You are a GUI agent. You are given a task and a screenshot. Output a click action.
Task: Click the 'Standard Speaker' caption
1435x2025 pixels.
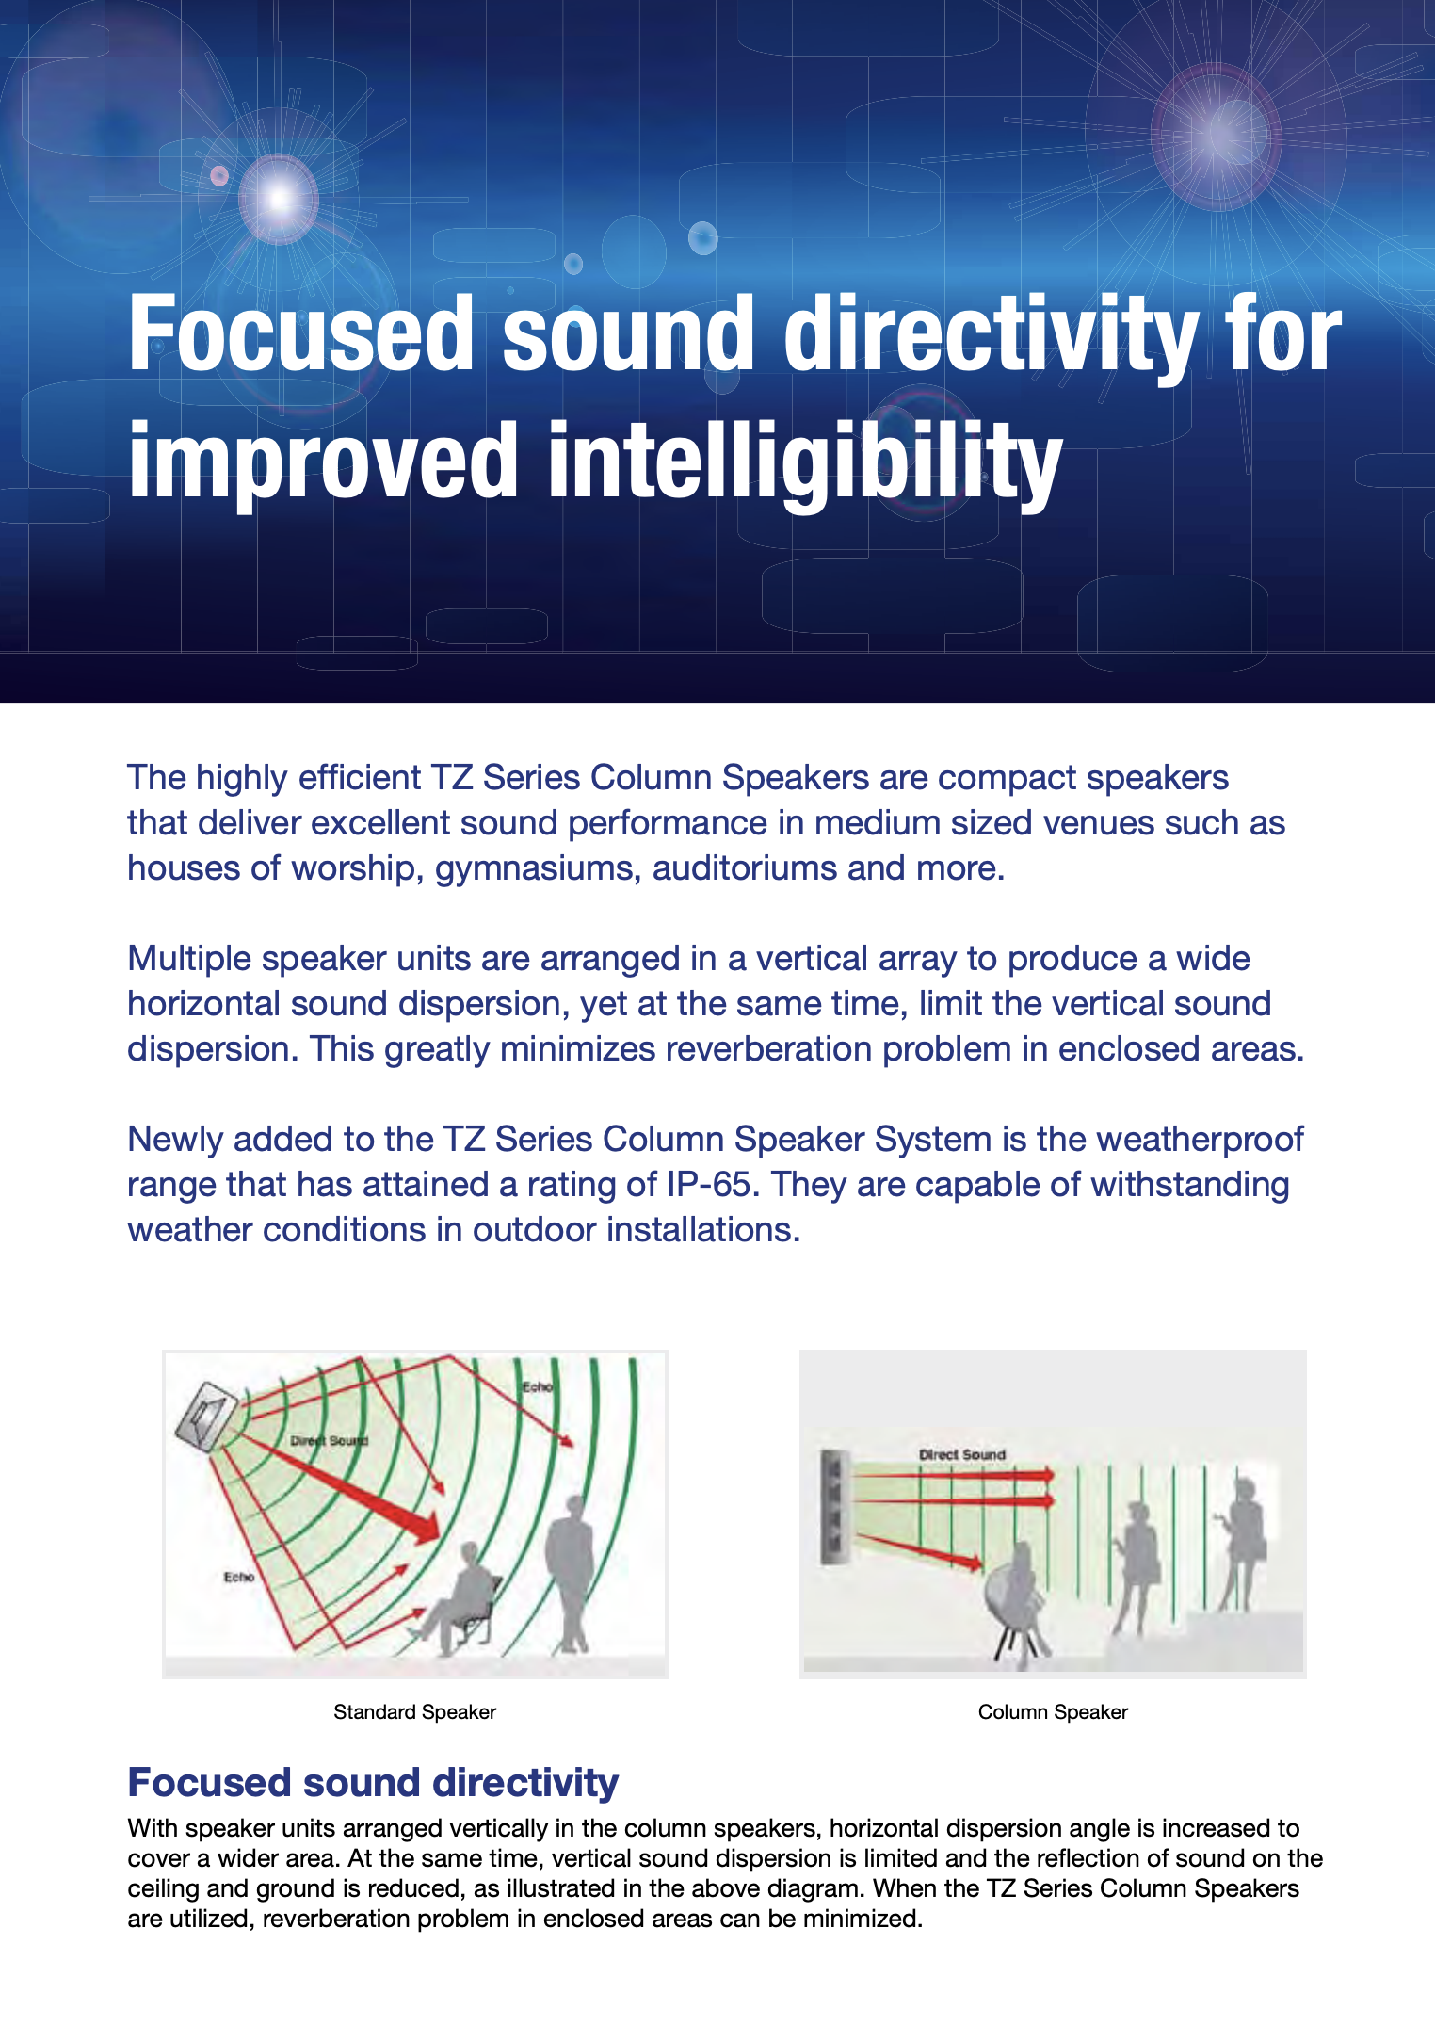click(x=414, y=1711)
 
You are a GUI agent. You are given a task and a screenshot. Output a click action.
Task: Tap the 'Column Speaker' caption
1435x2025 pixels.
click(x=1053, y=1711)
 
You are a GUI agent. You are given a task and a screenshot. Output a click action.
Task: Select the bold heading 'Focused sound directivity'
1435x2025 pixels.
click(x=373, y=1782)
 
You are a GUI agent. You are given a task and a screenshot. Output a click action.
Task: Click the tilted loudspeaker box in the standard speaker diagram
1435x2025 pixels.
click(x=206, y=1416)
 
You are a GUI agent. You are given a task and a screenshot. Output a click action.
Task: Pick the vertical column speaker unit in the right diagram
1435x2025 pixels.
click(x=835, y=1507)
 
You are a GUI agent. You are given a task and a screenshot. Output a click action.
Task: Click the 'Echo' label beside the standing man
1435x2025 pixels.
click(x=538, y=1387)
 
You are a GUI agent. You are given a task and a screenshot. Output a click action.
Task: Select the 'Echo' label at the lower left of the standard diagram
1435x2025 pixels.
click(x=239, y=1577)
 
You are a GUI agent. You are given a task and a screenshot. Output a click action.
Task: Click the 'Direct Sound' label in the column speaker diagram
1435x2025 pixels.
click(x=962, y=1454)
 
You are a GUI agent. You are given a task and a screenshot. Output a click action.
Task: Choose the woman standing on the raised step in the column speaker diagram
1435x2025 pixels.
click(x=1243, y=1545)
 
